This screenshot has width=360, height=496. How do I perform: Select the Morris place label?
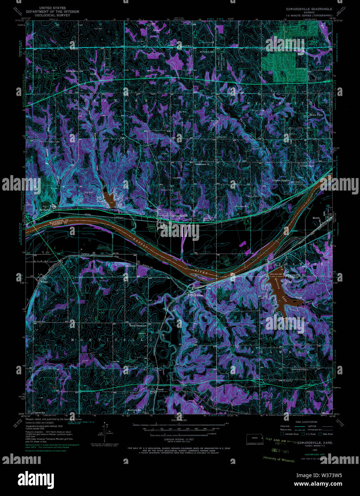pos(316,218)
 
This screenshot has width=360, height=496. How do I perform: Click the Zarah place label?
pos(160,390)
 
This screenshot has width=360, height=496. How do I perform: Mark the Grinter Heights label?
pos(281,181)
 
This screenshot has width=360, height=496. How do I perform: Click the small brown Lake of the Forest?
pos(109,196)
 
